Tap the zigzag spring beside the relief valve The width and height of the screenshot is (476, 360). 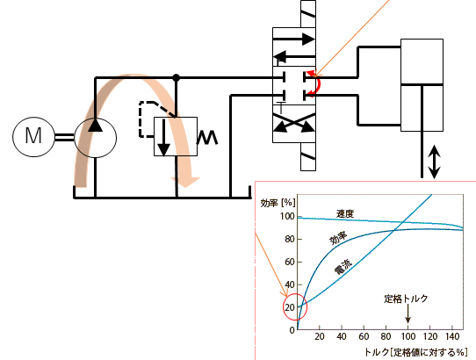click(207, 137)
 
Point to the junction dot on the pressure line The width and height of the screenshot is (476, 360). click(176, 77)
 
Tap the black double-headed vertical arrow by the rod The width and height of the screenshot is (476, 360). click(435, 162)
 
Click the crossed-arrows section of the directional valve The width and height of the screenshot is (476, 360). click(294, 123)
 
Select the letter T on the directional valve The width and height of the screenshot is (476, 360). click(281, 108)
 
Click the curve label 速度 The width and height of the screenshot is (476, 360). click(345, 213)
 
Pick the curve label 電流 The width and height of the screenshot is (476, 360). click(343, 267)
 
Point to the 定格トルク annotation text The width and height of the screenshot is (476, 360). click(406, 299)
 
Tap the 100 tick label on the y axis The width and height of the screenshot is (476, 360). click(287, 216)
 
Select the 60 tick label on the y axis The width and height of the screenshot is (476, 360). click(290, 262)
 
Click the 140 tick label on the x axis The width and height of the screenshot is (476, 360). click(452, 336)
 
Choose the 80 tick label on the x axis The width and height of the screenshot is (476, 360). click(386, 336)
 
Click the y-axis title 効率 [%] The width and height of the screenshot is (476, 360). click(278, 203)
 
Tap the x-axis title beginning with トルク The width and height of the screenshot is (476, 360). click(415, 352)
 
